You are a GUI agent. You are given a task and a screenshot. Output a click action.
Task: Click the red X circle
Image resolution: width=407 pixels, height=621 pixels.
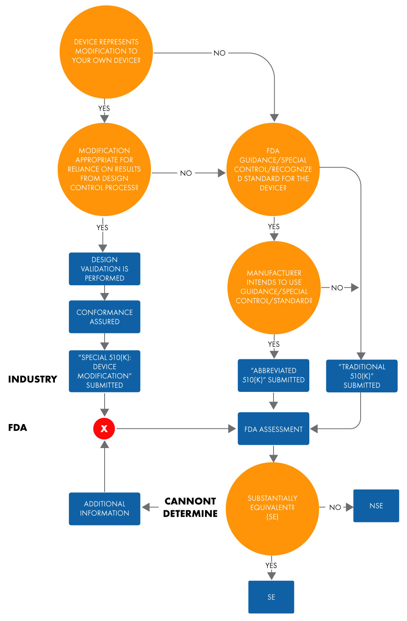point(104,429)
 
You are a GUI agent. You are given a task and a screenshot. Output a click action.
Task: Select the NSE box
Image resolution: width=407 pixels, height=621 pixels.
point(376,506)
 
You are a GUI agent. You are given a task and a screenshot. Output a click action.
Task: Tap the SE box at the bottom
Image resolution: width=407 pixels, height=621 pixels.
point(271,597)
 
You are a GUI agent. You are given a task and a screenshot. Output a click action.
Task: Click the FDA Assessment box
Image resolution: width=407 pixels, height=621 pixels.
point(274,429)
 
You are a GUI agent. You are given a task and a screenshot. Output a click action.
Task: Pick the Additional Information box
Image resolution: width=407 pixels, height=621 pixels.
point(105,509)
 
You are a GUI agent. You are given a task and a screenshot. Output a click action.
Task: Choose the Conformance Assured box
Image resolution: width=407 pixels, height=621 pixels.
point(105,317)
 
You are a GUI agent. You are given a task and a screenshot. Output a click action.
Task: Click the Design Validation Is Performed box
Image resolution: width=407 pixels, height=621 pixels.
point(105,269)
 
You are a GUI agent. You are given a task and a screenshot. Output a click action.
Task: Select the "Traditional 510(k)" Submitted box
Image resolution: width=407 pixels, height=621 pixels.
point(362,376)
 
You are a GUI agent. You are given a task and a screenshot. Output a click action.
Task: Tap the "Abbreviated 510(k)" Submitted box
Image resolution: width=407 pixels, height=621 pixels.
point(274,375)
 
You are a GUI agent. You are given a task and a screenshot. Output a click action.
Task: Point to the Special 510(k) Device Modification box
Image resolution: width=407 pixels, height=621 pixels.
point(105,371)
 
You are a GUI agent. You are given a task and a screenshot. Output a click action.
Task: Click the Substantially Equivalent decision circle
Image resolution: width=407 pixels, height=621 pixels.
point(272,508)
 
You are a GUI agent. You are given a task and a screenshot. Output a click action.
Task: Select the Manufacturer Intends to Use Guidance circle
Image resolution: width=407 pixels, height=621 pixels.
point(274,287)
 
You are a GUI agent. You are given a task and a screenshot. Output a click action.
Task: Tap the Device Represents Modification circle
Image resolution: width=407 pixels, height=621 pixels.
point(106,52)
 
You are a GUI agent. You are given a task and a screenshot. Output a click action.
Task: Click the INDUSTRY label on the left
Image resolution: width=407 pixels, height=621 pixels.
point(33,379)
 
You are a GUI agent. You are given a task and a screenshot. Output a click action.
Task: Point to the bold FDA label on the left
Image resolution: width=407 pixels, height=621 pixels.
point(18,428)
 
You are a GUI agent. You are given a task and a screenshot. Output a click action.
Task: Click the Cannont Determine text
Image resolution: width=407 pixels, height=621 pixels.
point(190,507)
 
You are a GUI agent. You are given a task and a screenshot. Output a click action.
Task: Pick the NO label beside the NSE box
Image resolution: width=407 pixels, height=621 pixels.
point(335,507)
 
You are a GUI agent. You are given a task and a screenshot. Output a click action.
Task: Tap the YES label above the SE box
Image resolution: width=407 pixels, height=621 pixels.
point(271,566)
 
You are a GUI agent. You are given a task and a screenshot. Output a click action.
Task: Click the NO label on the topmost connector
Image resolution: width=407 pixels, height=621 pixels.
point(219,53)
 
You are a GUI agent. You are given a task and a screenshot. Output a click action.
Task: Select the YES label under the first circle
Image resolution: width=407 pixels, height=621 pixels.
point(104,109)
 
